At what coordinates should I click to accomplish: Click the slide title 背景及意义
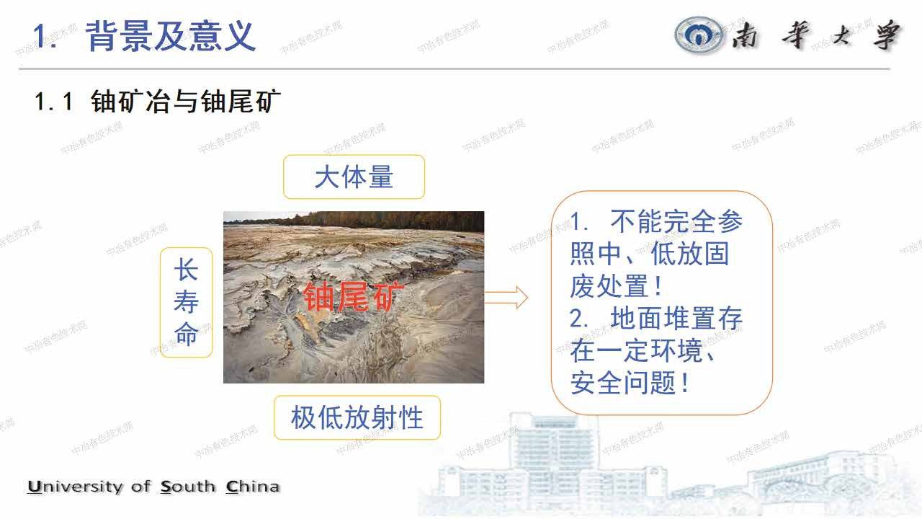pyautogui.click(x=170, y=36)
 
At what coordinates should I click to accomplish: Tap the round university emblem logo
pyautogui.click(x=700, y=35)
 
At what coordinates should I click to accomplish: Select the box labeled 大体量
pyautogui.click(x=354, y=177)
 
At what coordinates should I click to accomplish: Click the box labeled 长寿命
pyautogui.click(x=186, y=303)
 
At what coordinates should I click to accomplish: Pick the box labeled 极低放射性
pyautogui.click(x=357, y=417)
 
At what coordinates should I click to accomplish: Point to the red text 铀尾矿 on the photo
pyautogui.click(x=349, y=296)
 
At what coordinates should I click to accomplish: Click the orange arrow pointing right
pyautogui.click(x=506, y=297)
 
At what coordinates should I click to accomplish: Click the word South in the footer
pyautogui.click(x=188, y=487)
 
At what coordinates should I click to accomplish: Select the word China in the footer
pyautogui.click(x=253, y=487)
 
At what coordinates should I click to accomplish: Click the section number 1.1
pyautogui.click(x=54, y=102)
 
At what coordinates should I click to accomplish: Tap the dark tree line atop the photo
pyautogui.click(x=353, y=220)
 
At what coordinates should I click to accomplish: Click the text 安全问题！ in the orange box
pyautogui.click(x=631, y=383)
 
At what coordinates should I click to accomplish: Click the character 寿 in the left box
pyautogui.click(x=186, y=303)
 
